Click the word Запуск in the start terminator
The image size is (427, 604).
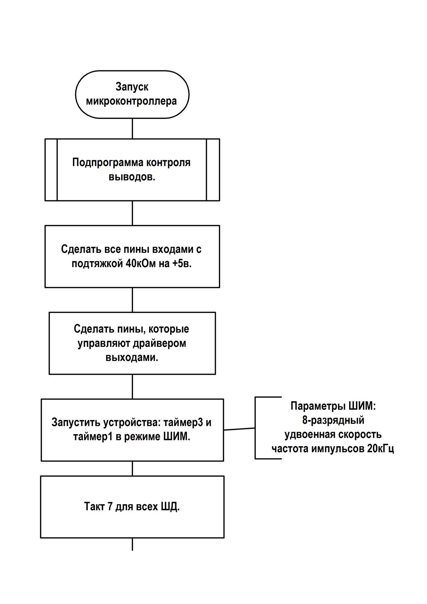pos(132,87)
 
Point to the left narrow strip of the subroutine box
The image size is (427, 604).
pos(51,170)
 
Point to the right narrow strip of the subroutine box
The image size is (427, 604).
pos(213,170)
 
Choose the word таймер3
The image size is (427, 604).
pos(183,423)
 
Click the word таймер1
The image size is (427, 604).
pos(93,437)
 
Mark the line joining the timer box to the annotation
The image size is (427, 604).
pos(239,429)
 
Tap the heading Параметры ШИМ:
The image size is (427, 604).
pos(333,406)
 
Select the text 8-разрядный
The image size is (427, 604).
pos(333,420)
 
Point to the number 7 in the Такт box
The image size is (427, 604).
pos(110,507)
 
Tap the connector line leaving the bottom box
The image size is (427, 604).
pos(133,544)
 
